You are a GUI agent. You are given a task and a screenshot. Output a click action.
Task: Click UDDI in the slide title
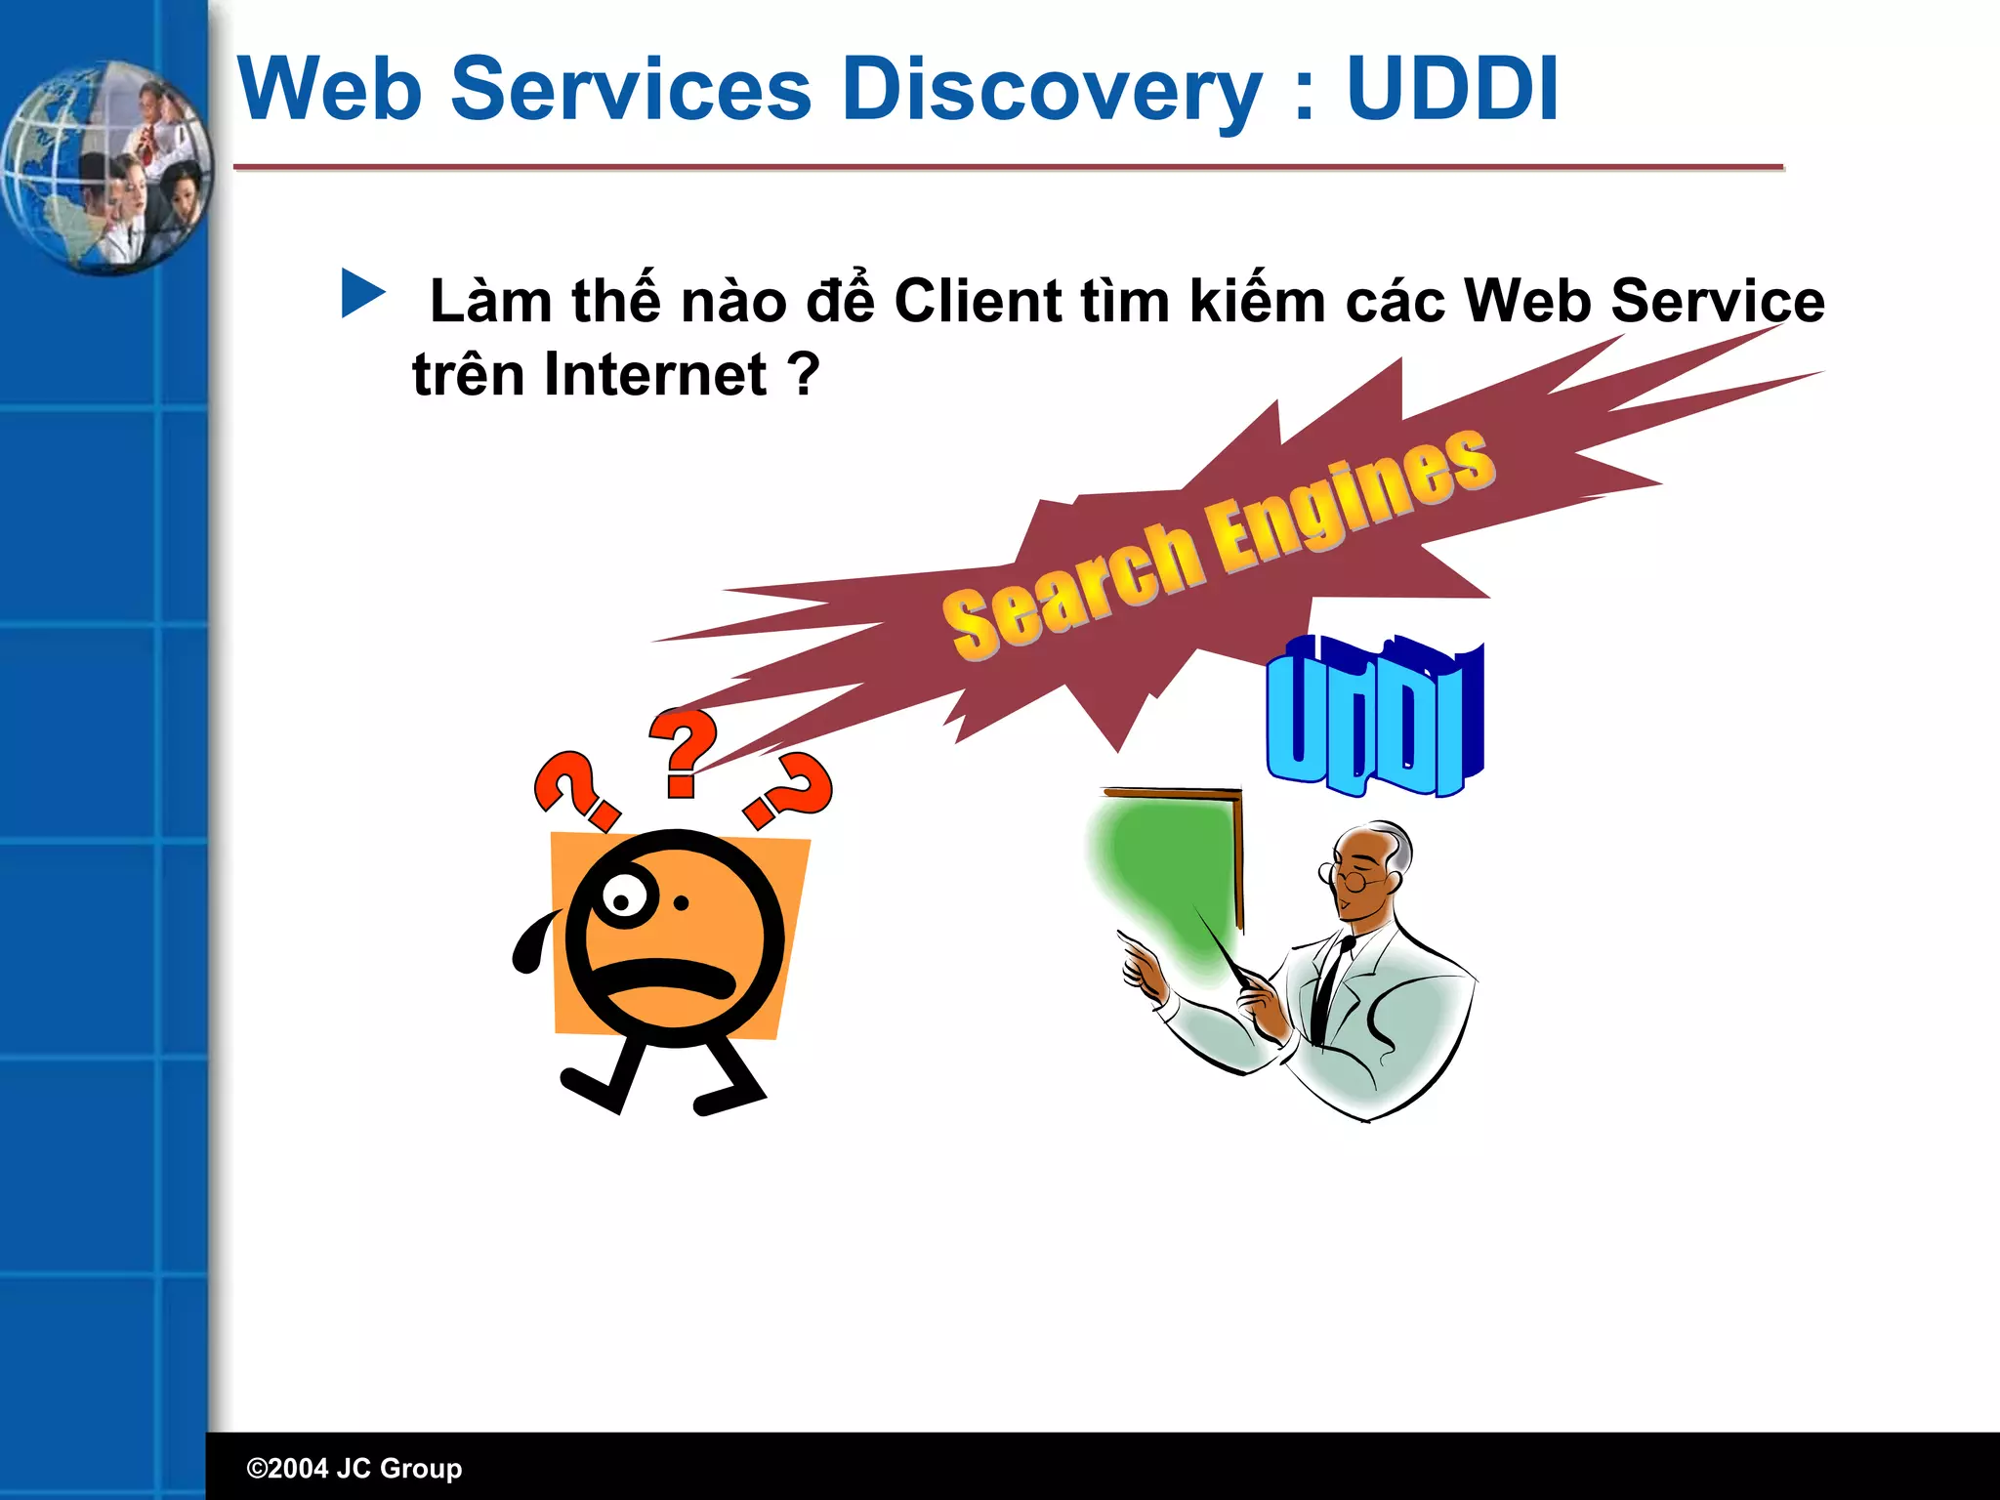pyautogui.click(x=1451, y=90)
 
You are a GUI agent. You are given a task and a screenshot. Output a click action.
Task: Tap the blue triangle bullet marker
pyautogui.click(x=362, y=294)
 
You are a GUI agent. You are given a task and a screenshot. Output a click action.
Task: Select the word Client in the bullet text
pyautogui.click(x=978, y=301)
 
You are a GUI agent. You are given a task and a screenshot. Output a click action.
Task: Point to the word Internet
pyautogui.click(x=656, y=374)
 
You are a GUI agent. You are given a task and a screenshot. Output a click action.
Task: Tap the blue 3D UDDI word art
pyautogui.click(x=1374, y=717)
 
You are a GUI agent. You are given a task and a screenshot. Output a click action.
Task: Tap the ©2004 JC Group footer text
pyautogui.click(x=354, y=1468)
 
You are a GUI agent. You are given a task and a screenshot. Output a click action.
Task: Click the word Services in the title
pyautogui.click(x=630, y=90)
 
